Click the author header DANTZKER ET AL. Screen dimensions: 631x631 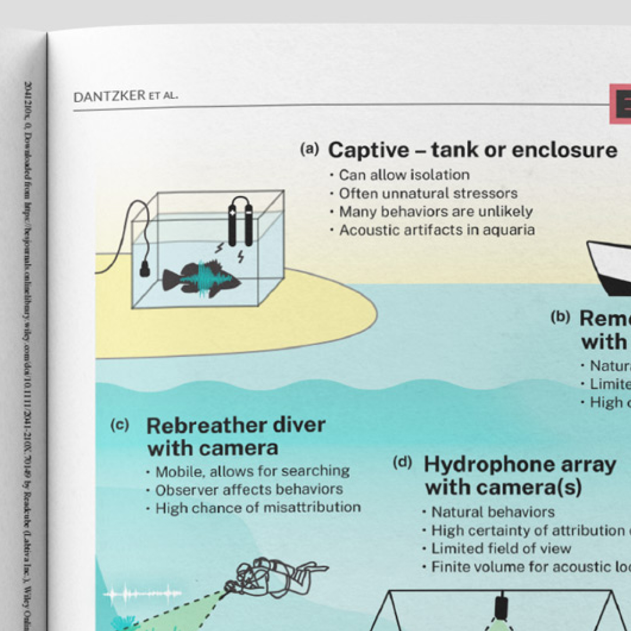[125, 96]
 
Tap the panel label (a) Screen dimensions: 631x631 [309, 149]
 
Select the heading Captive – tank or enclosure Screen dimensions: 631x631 [472, 150]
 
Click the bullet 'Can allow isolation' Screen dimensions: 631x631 [404, 175]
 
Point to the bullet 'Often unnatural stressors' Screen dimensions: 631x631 [428, 193]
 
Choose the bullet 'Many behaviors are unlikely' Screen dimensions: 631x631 [435, 212]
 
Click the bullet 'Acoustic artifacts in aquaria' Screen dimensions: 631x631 [437, 230]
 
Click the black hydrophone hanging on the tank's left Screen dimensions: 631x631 [145, 268]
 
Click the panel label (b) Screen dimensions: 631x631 [560, 317]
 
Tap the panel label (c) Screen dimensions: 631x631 [120, 425]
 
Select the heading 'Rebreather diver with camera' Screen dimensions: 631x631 [235, 436]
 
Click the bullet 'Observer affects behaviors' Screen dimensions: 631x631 [249, 489]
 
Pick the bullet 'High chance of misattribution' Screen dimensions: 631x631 [258, 508]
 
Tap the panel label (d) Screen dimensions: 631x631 [402, 462]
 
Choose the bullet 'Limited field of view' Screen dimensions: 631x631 [501, 548]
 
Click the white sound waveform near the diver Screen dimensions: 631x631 [142, 594]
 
